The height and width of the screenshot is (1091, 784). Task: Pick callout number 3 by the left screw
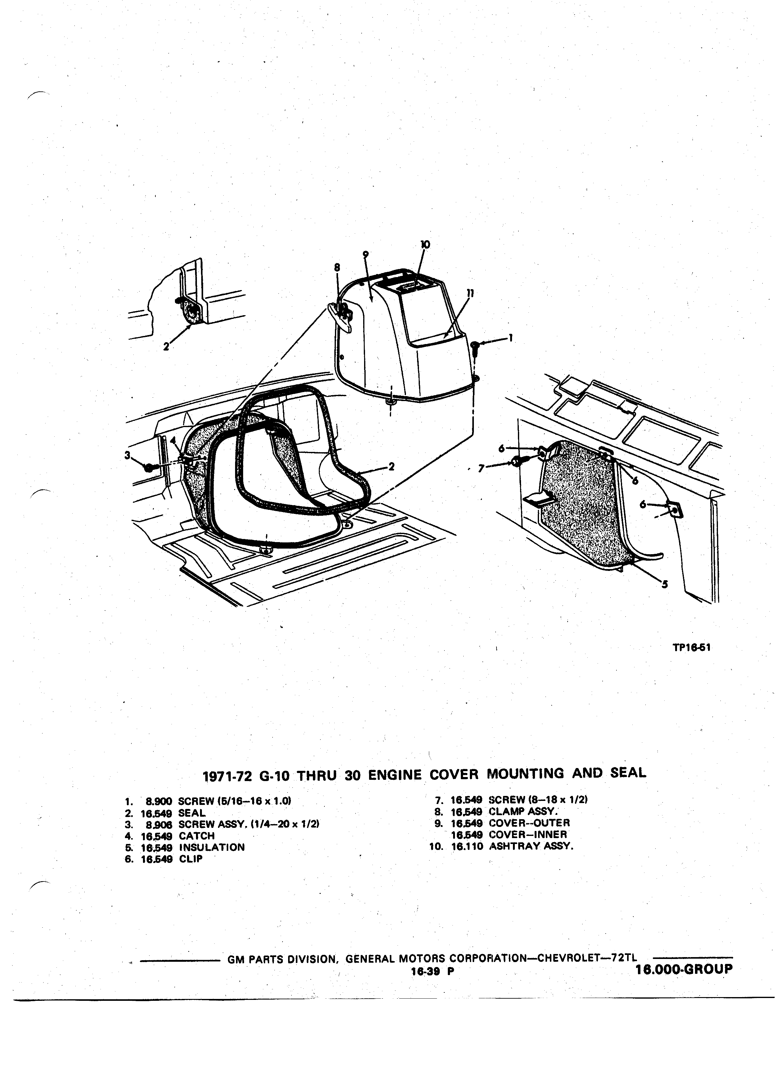point(127,455)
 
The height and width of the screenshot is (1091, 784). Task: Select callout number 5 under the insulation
point(665,585)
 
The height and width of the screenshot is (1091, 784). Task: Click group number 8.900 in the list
point(159,801)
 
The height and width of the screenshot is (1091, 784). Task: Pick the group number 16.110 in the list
point(466,846)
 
